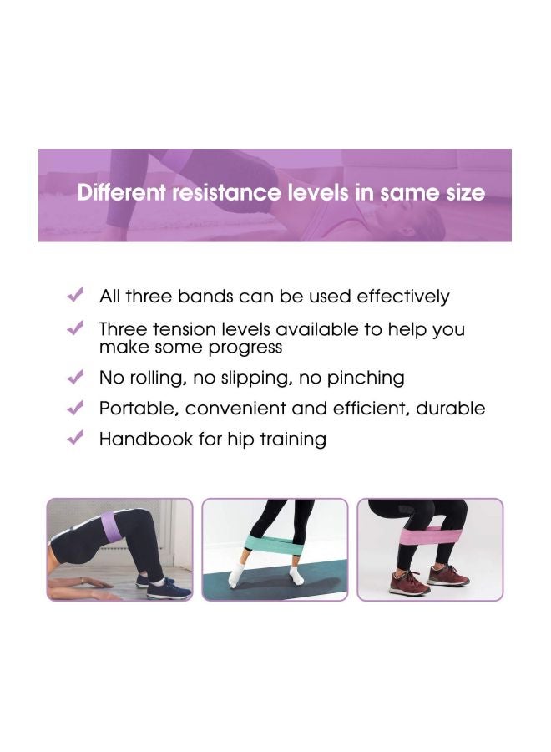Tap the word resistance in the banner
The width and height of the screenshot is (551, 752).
tap(225, 193)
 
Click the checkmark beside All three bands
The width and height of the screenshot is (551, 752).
tap(75, 296)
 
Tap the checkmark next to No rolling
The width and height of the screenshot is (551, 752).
tap(75, 378)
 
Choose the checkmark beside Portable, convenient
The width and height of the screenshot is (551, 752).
tap(75, 409)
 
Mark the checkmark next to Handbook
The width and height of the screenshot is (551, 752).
tap(75, 438)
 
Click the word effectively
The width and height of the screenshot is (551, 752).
tap(403, 297)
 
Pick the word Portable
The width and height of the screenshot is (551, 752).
tap(139, 409)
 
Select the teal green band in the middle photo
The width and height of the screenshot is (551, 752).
tap(275, 551)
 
